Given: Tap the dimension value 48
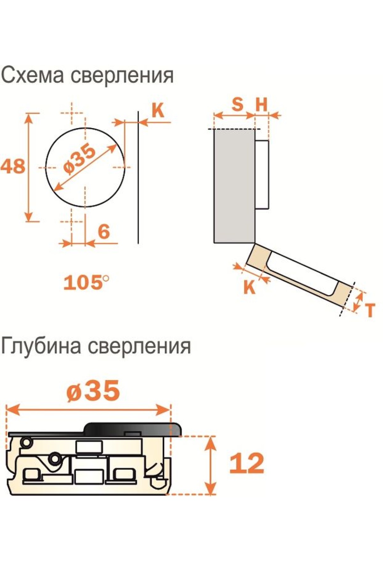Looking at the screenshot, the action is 13,166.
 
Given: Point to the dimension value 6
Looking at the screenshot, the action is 104,231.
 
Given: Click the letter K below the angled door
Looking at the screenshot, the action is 250,287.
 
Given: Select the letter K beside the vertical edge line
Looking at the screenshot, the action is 158,110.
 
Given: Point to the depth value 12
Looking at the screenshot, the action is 247,463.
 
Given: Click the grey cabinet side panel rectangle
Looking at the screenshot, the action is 234,186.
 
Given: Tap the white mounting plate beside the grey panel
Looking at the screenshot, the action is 262,175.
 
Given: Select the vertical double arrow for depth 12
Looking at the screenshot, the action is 210,465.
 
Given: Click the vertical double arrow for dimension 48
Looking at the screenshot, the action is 29,167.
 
